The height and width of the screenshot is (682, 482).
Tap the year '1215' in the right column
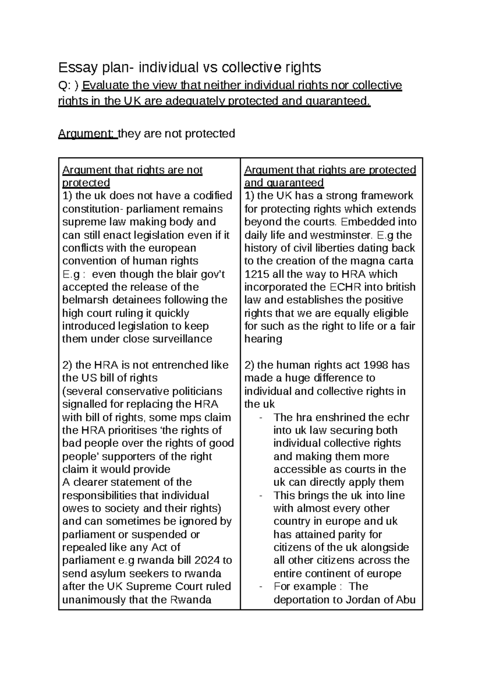(257, 274)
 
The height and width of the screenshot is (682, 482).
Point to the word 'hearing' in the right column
(263, 339)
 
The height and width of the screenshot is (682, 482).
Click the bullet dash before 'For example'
(262, 587)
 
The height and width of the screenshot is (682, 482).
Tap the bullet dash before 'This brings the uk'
(262, 496)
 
